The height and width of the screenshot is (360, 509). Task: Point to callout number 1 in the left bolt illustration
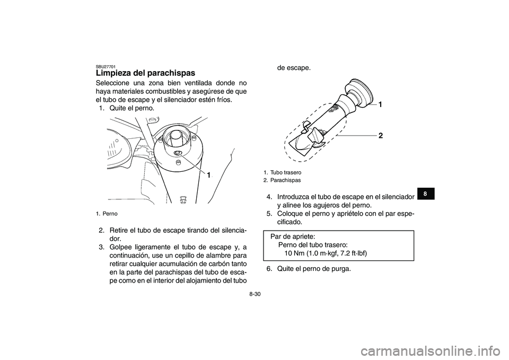coord(208,175)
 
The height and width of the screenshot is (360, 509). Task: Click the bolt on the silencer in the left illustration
coord(178,154)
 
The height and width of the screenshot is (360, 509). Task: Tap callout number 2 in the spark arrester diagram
coord(381,136)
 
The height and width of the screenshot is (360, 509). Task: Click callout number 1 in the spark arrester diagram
coord(380,106)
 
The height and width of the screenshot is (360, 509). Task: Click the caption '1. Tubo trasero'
coord(282,173)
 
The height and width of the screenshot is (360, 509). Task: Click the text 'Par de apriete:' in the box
coord(293,236)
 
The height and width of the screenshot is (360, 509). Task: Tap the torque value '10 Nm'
coord(296,253)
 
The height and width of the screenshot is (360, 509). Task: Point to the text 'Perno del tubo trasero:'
coord(313,245)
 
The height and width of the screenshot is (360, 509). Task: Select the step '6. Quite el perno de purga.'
coord(309,268)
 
